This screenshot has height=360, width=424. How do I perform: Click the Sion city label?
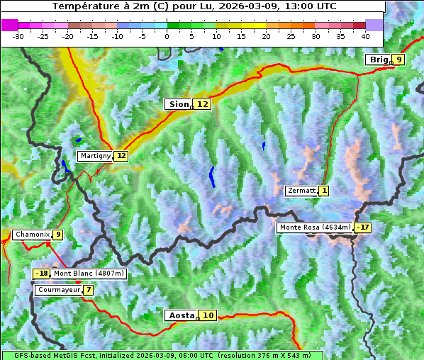(177, 104)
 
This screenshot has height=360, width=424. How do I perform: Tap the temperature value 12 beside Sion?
(203, 104)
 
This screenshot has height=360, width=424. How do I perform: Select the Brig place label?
(378, 60)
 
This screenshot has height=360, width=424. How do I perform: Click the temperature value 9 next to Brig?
(399, 60)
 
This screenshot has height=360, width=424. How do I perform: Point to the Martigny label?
(95, 156)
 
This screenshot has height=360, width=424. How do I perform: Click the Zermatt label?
(301, 191)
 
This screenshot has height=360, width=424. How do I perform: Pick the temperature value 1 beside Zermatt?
(324, 191)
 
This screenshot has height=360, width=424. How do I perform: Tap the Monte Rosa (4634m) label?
(315, 227)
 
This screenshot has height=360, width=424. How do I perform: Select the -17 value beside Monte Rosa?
(363, 227)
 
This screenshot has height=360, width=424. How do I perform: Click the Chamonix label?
(31, 235)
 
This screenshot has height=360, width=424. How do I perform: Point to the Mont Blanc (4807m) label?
(89, 274)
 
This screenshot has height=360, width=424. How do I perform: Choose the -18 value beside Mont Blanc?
(42, 274)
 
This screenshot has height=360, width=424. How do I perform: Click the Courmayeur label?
(58, 290)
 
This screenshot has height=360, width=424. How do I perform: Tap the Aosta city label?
(180, 315)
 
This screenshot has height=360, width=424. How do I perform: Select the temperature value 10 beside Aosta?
(208, 315)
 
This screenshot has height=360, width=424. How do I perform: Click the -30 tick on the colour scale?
(18, 35)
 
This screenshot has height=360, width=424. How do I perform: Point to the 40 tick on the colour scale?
(365, 35)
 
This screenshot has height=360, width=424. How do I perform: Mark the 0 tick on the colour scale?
(167, 35)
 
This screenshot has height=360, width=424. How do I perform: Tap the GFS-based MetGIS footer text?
(162, 355)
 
